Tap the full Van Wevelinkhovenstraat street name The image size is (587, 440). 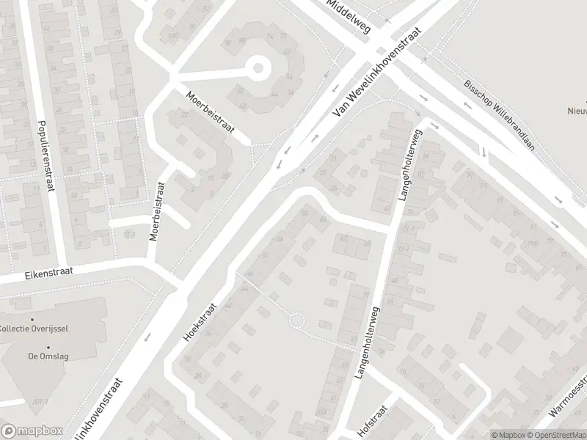pyautogui.click(x=379, y=76)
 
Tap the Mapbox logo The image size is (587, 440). pyautogui.click(x=32, y=430)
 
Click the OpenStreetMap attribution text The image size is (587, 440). pyautogui.click(x=554, y=434)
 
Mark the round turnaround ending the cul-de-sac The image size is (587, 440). pyautogui.click(x=258, y=70)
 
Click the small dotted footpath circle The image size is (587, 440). pyautogui.click(x=296, y=320)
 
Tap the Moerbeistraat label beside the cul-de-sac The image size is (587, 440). pyautogui.click(x=209, y=111)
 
